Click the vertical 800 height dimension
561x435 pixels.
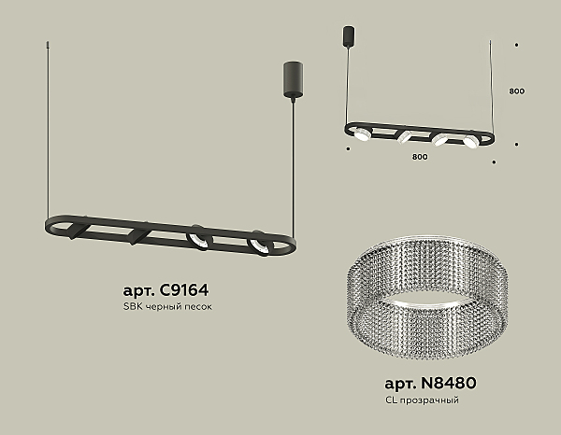[517, 91]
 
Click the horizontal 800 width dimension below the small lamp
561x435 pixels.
[420, 157]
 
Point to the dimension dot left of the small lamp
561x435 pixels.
[348, 147]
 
